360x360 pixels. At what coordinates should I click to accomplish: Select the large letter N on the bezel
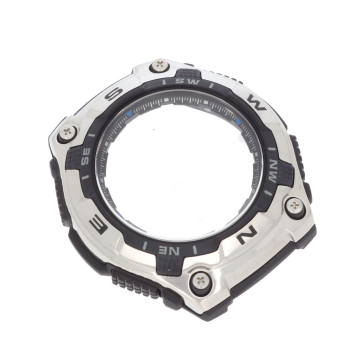tap(246, 234)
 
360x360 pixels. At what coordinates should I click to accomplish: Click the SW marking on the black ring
tap(187, 81)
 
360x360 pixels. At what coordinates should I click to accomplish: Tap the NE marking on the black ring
tap(169, 251)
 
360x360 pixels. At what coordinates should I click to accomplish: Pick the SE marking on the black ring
tap(85, 156)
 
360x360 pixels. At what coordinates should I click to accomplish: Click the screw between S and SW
tap(159, 65)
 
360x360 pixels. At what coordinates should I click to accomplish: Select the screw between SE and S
tap(67, 132)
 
